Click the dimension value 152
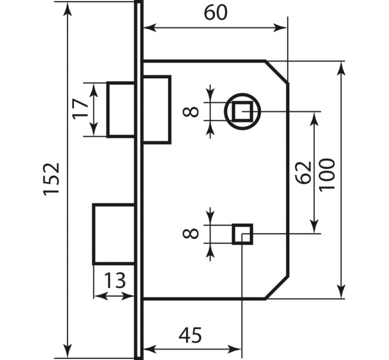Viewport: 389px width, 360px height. point(51,179)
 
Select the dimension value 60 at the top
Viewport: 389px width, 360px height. point(215,13)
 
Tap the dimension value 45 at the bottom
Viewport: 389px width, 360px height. point(190,335)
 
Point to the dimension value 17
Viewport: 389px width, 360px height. point(81,109)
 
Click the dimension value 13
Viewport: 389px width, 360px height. point(114,281)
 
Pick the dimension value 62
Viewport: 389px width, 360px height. point(304,173)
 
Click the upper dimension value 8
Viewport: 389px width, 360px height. point(190,111)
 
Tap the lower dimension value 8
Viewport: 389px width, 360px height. point(190,233)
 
